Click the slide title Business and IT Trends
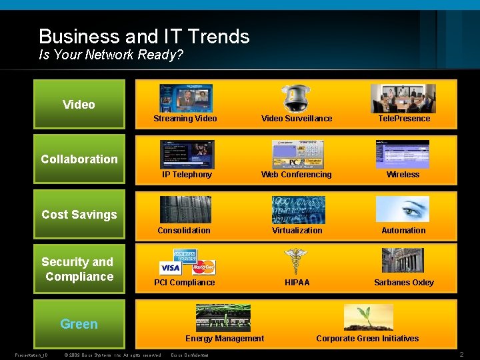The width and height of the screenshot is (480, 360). click(x=144, y=36)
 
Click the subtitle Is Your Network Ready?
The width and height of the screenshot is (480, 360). click(x=111, y=55)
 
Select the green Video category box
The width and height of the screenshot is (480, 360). click(x=79, y=104)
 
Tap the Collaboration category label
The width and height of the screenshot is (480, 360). click(x=79, y=159)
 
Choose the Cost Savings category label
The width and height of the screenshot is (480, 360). click(x=79, y=214)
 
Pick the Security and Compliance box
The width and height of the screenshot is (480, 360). click(x=79, y=269)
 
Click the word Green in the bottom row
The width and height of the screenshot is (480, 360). click(x=79, y=324)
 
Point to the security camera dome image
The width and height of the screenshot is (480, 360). click(x=295, y=98)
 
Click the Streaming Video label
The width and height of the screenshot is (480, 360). click(x=185, y=119)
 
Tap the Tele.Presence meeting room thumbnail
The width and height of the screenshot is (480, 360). click(x=403, y=99)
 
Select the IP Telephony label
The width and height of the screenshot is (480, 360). click(x=187, y=175)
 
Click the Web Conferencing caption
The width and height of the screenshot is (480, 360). click(x=296, y=175)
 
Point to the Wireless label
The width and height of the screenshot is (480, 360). click(x=403, y=175)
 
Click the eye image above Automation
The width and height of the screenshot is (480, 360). click(x=403, y=209)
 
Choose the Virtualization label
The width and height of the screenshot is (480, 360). click(x=297, y=231)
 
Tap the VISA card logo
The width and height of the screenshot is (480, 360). click(x=171, y=268)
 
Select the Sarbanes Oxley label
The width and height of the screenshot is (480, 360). click(x=403, y=283)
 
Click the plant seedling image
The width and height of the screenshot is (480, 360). click(x=368, y=317)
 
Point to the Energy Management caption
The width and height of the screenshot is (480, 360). click(x=225, y=339)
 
